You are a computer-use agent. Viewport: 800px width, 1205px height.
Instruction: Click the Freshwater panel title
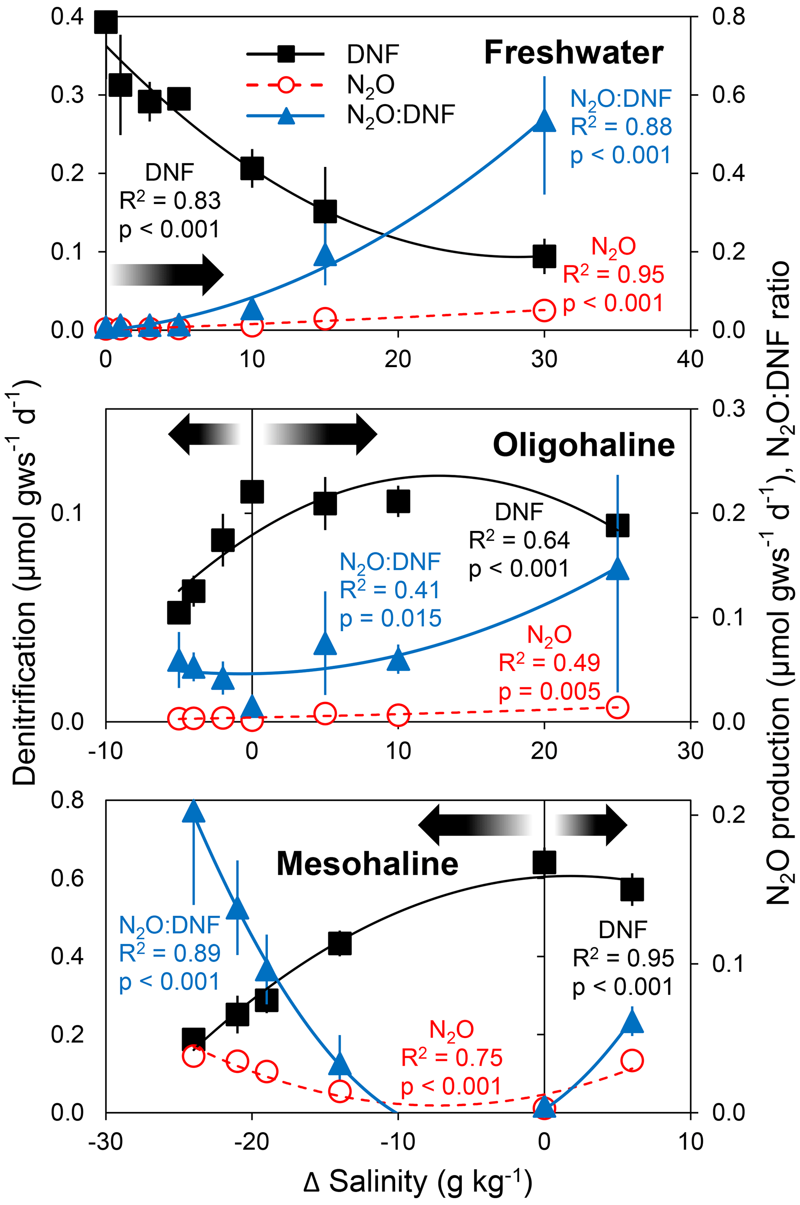tap(574, 53)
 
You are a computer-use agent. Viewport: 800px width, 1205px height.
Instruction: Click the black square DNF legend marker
tap(286, 53)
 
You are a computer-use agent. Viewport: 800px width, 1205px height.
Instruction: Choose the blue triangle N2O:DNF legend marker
tap(286, 115)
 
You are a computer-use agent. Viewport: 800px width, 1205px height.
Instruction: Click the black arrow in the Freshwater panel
tap(166, 275)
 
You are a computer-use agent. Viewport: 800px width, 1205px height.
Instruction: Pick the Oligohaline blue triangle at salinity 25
tap(617, 570)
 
